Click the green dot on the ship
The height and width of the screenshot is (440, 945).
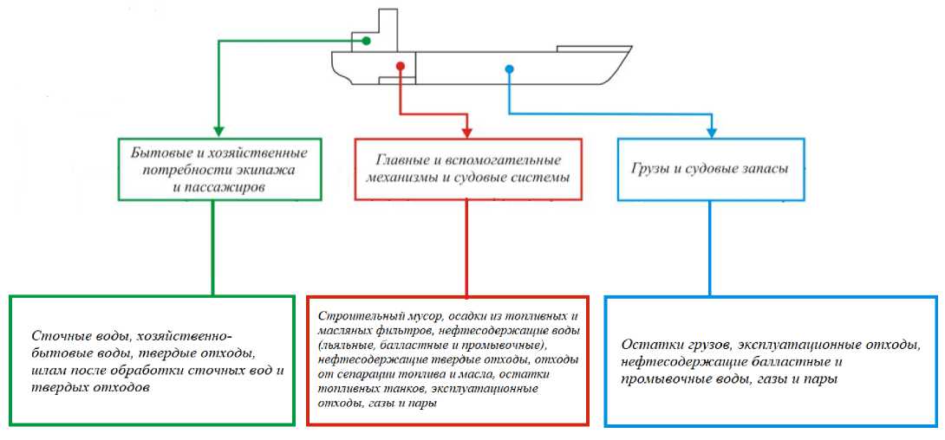pyautogui.click(x=366, y=41)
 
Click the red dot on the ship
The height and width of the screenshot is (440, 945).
pyautogui.click(x=400, y=66)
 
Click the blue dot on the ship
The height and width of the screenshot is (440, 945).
pyautogui.click(x=509, y=68)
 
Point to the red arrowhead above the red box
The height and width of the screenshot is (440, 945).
pyautogui.click(x=467, y=131)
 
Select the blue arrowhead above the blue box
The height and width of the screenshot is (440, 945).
pyautogui.click(x=711, y=131)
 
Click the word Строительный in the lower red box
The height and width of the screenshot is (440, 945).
pyautogui.click(x=353, y=315)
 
